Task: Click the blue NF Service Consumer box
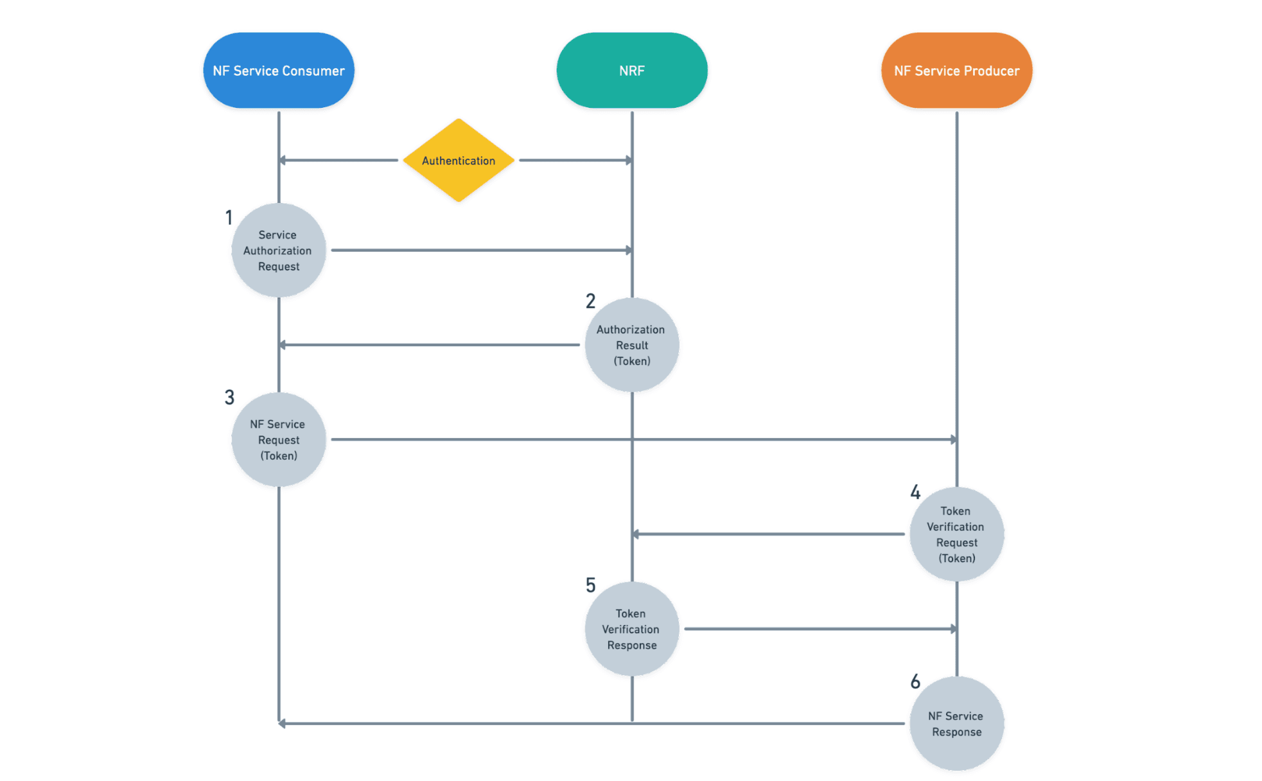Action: tap(279, 71)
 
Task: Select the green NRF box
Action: tap(632, 71)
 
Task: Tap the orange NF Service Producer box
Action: tap(956, 71)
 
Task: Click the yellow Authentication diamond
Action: tap(459, 161)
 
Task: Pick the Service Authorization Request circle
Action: tap(278, 250)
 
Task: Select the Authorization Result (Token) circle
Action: tap(631, 345)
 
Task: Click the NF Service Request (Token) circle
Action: tap(278, 440)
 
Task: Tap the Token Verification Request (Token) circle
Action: tap(956, 534)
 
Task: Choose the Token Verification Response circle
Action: tap(631, 629)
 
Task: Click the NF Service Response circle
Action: tap(956, 724)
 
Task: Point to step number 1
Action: tap(229, 218)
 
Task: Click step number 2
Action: tap(590, 301)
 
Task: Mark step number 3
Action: tap(229, 398)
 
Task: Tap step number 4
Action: tap(915, 493)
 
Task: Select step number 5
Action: tap(590, 585)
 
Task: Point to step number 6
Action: tap(915, 681)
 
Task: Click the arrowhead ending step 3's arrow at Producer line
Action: tap(953, 440)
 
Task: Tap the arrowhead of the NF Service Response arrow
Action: tap(283, 724)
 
